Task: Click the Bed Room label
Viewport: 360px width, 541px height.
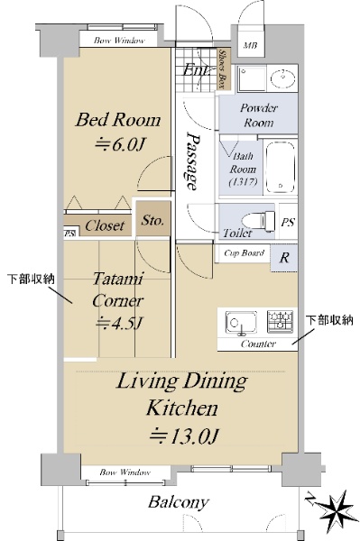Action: click(118, 120)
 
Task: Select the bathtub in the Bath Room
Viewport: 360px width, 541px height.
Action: click(281, 167)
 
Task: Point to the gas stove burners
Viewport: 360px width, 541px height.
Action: click(280, 321)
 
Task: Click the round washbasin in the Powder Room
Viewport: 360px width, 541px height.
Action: click(282, 78)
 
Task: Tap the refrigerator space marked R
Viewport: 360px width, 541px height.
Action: click(283, 257)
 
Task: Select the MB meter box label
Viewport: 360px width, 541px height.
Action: click(250, 45)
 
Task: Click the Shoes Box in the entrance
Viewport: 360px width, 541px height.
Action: click(223, 69)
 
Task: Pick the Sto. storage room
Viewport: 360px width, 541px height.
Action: click(152, 219)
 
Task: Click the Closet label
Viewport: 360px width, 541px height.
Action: click(105, 225)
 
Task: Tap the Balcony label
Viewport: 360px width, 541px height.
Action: click(179, 502)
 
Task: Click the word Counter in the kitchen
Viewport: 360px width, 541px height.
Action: click(258, 344)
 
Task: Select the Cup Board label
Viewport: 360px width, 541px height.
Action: click(244, 253)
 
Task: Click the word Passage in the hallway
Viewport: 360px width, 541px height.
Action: click(192, 160)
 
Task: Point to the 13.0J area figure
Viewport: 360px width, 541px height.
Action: click(184, 436)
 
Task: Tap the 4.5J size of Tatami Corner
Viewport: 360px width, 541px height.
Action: click(118, 324)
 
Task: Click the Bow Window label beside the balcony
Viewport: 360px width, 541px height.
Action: click(125, 472)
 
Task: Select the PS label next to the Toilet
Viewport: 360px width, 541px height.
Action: click(288, 222)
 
